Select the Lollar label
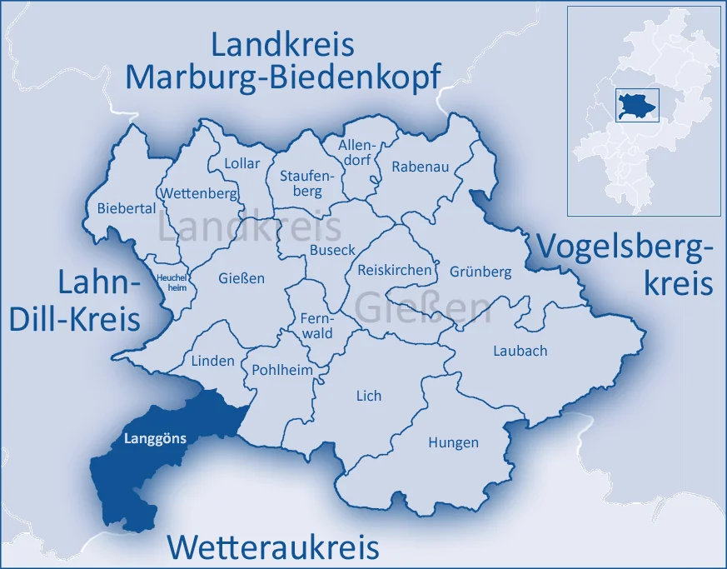[242, 163]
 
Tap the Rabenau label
[421, 167]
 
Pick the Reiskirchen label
[395, 270]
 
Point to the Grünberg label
[481, 272]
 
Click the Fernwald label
[316, 326]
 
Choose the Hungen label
[453, 442]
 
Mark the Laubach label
[520, 351]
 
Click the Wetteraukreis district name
[273, 547]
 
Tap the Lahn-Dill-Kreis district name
[99, 301]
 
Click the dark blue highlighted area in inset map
[637, 106]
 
